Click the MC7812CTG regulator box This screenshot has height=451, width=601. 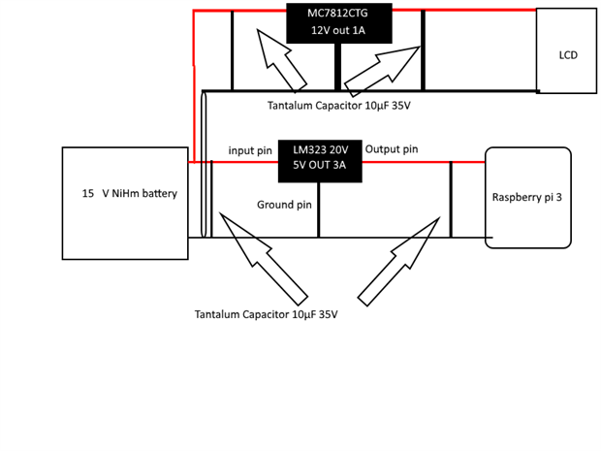[x=339, y=22]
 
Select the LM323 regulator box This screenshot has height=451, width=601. [x=320, y=161]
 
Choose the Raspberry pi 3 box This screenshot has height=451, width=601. [x=528, y=197]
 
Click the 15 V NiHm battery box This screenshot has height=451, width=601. [x=125, y=203]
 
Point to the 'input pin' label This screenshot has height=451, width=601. [x=250, y=151]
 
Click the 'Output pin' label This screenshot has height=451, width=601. [x=392, y=149]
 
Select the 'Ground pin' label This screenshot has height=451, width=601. [x=284, y=205]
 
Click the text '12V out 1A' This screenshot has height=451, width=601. [x=339, y=30]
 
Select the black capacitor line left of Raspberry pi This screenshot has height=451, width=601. [x=451, y=199]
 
